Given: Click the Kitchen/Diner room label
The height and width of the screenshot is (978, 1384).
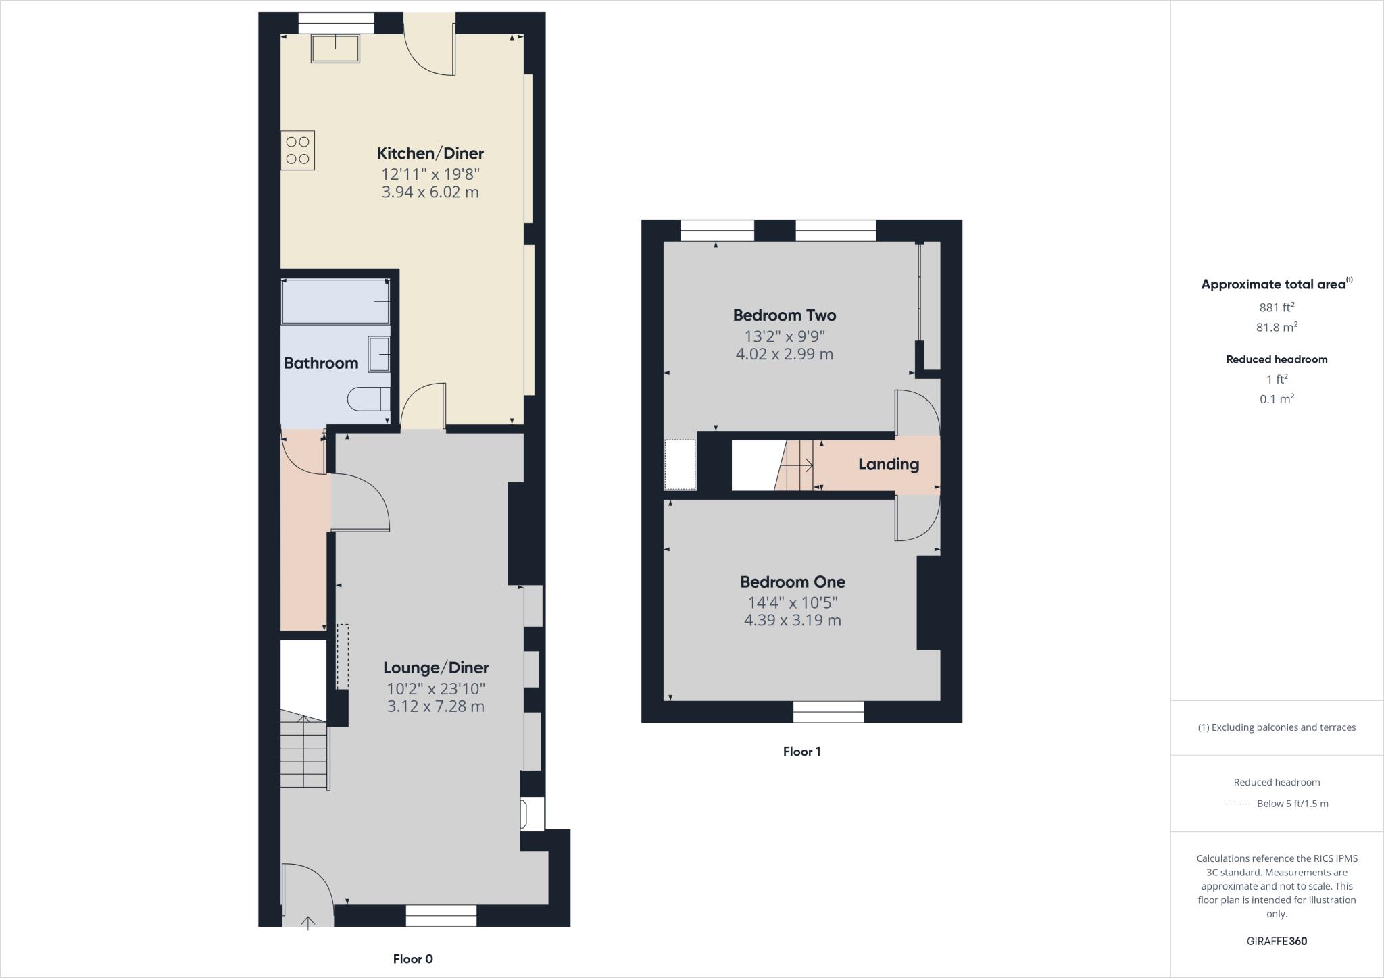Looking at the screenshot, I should [430, 153].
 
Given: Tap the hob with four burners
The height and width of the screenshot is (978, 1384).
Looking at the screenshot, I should [297, 151].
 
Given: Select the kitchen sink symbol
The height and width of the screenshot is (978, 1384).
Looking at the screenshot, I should [335, 48].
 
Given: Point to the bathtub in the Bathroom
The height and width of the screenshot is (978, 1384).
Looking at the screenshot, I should [336, 302].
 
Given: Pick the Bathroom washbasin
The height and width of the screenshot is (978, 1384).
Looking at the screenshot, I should [379, 354].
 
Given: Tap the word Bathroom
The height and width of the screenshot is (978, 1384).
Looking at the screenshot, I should [321, 363].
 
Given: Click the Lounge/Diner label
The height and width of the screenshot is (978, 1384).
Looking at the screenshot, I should [435, 668].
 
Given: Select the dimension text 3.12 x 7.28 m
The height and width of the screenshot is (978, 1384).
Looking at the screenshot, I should [435, 707].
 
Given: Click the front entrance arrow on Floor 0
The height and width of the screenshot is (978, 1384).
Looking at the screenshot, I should [308, 922].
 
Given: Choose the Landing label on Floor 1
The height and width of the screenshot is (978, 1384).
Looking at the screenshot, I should [888, 465].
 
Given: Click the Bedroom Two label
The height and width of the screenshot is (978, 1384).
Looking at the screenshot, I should [784, 315].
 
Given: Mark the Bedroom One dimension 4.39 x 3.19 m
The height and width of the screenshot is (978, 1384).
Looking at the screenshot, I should [792, 621].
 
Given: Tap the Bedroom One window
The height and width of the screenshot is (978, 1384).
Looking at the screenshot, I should [828, 712].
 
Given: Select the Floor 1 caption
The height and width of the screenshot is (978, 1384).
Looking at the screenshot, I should [801, 752].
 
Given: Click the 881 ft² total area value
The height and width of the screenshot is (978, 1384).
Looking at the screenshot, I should [1276, 307].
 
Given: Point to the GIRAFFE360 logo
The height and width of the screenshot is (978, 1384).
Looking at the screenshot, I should [1277, 941].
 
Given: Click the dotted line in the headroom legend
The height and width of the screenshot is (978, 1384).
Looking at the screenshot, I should [1237, 804].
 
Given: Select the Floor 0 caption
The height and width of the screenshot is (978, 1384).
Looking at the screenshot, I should [412, 959].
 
